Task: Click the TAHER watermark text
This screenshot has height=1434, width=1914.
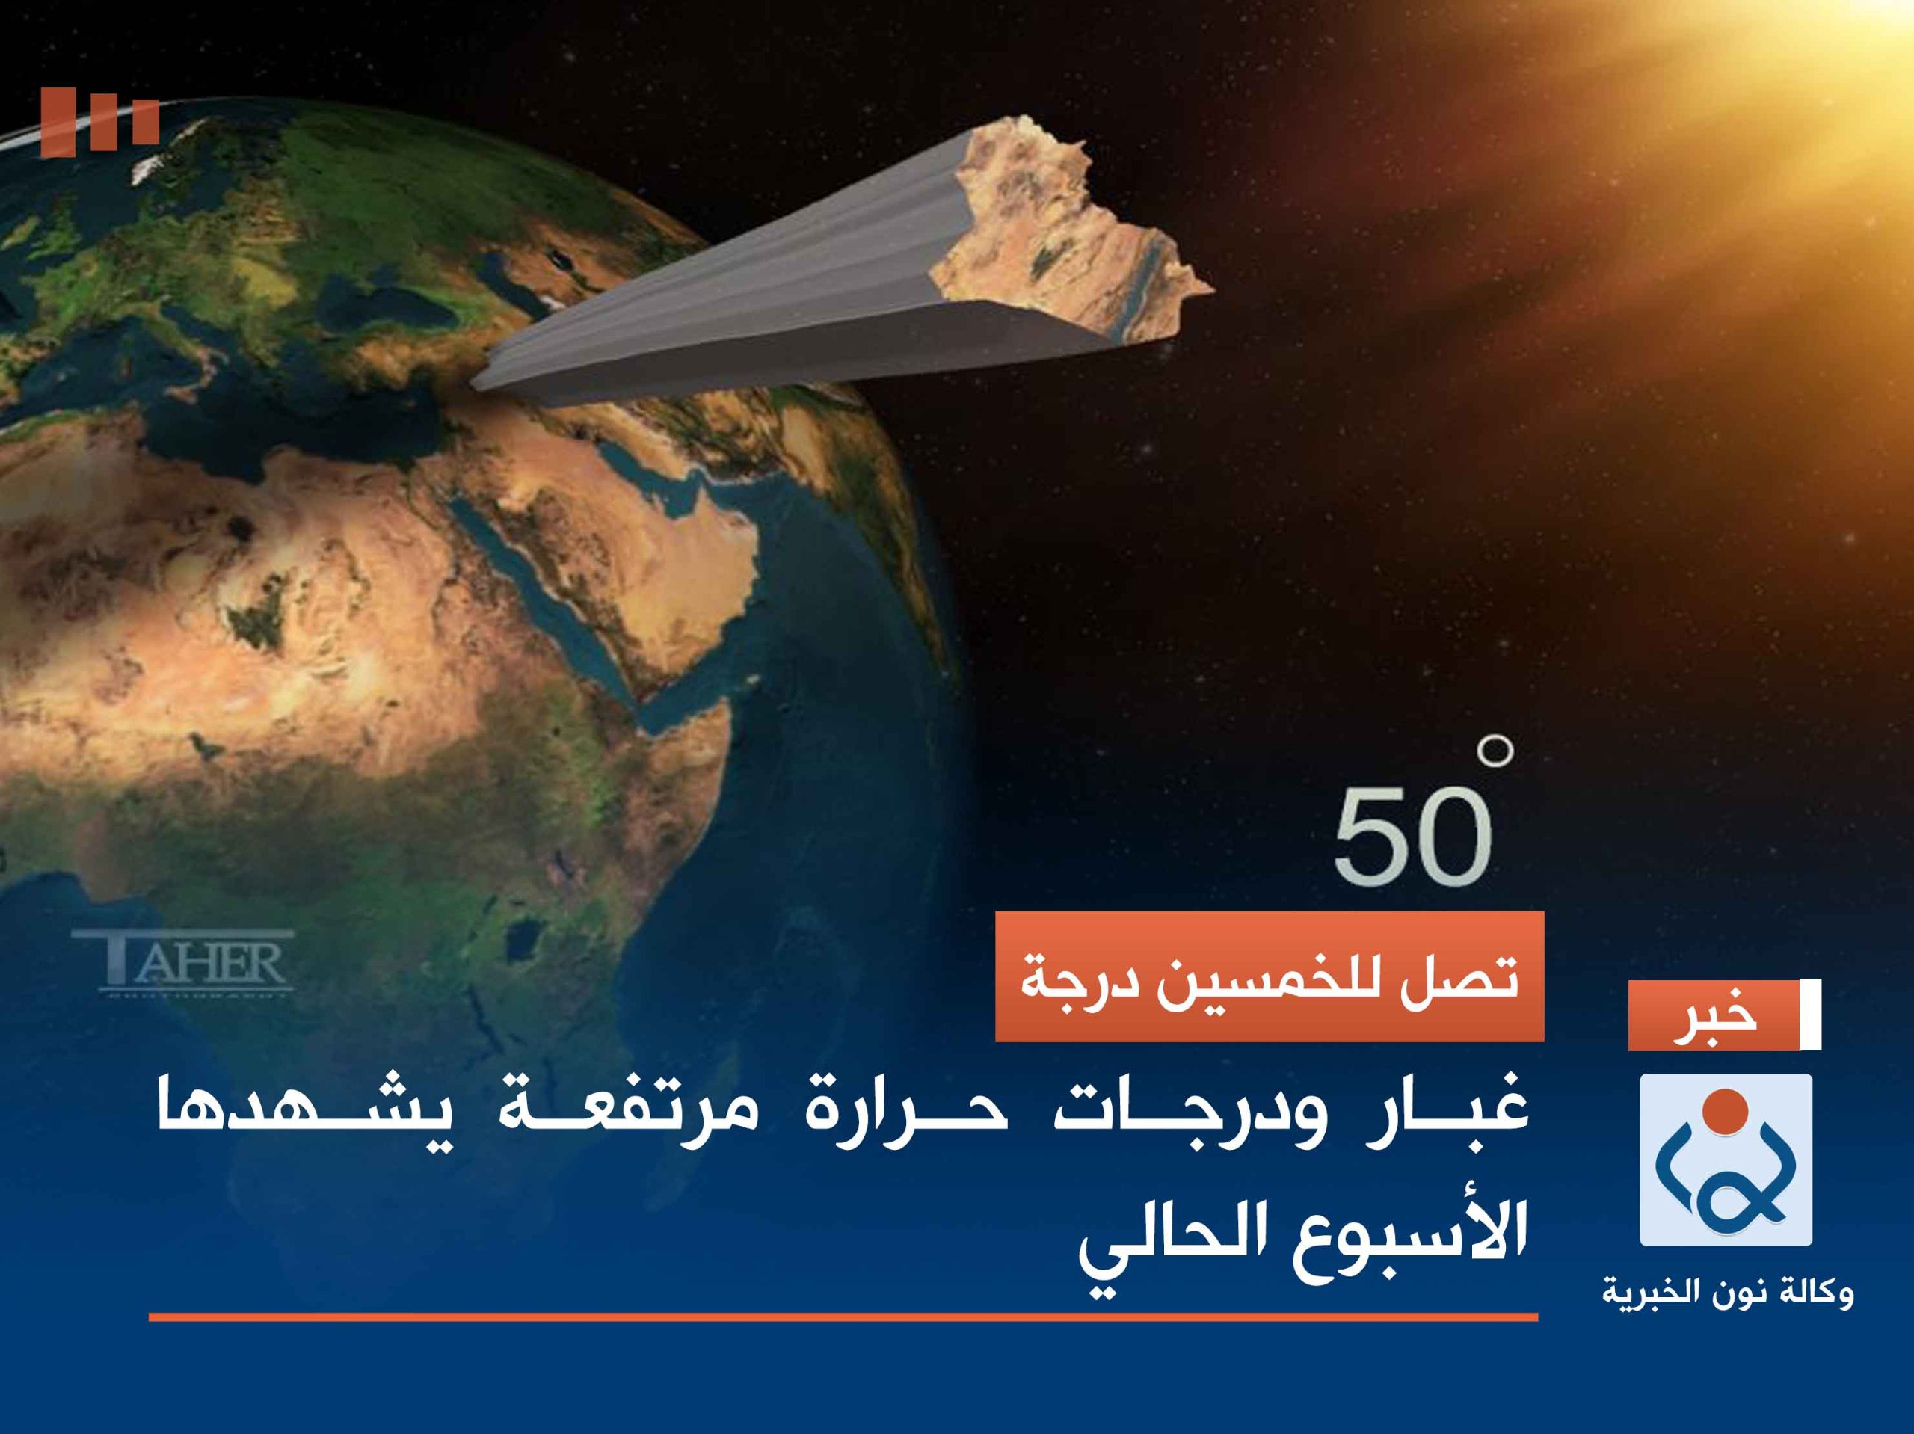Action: coord(183,961)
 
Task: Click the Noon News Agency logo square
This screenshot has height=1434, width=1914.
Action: coord(1726,1160)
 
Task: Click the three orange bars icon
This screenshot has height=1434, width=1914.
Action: coord(99,121)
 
